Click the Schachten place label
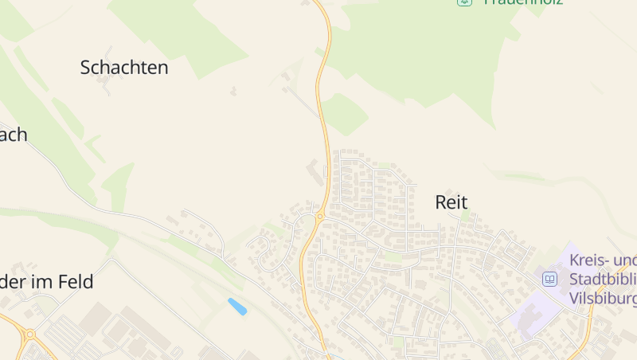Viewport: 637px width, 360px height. (124, 68)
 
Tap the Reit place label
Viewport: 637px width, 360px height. (451, 202)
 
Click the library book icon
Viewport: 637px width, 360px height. (549, 280)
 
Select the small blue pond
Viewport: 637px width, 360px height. (236, 306)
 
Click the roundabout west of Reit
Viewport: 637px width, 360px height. (320, 216)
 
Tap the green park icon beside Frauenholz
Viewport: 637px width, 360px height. (464, 2)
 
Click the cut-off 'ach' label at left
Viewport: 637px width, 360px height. (13, 135)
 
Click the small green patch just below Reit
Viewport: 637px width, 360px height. (465, 216)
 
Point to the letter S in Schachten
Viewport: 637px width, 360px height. (86, 68)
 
